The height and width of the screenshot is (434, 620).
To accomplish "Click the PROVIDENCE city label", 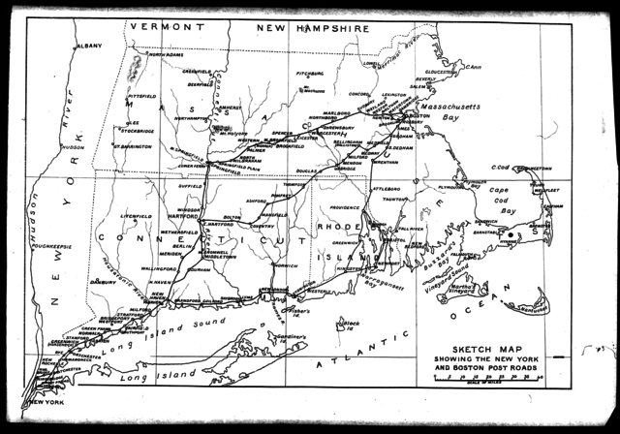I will pos(346,208).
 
